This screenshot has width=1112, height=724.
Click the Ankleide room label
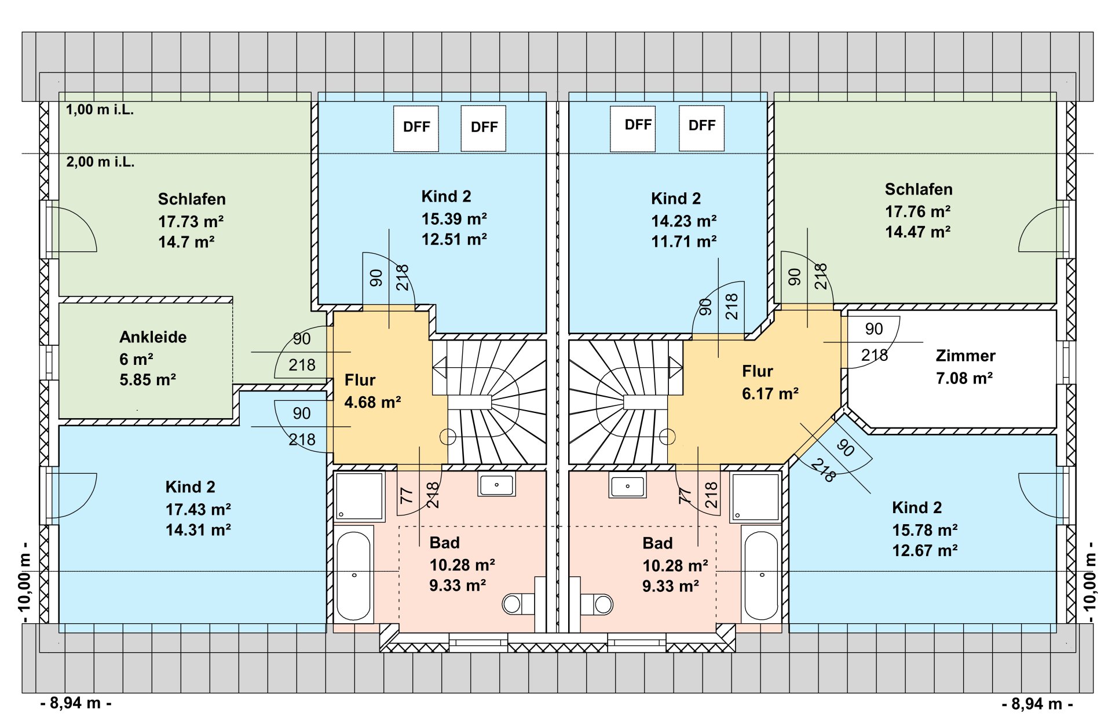[153, 337]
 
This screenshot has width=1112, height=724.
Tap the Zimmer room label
[965, 356]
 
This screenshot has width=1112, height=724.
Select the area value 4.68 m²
[372, 402]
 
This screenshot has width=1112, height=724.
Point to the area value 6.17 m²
[770, 394]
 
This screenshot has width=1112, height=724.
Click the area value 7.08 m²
[964, 378]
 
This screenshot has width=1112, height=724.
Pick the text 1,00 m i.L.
[100, 109]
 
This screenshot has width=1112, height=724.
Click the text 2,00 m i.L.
[100, 162]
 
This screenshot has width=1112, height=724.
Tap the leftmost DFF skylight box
[416, 128]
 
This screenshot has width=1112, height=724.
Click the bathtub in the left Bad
[354, 576]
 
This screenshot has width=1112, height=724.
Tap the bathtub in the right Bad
[761, 576]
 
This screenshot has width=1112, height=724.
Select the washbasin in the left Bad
[496, 484]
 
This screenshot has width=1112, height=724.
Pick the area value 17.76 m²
[917, 211]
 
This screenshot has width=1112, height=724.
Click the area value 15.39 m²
[454, 219]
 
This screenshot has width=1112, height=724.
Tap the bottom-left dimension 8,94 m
[76, 703]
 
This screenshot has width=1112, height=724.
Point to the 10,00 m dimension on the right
[1089, 582]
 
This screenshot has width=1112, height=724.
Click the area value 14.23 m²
[683, 221]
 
